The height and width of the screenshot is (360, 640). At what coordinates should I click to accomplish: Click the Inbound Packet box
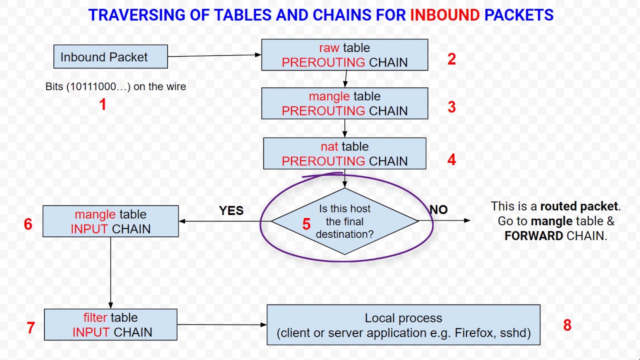coord(110,56)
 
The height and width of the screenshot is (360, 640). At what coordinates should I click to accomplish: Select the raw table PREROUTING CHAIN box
coord(344,55)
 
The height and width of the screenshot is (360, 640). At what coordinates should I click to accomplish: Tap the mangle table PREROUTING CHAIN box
coord(344,103)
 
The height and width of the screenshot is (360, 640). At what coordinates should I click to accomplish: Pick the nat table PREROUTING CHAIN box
coord(344,153)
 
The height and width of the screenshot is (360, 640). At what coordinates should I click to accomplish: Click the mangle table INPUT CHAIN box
coord(110,221)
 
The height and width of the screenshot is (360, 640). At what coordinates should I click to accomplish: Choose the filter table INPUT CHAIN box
coord(110,324)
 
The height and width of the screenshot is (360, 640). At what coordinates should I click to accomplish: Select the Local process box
coord(403,325)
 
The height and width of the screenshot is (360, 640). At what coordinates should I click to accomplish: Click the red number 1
coord(102,104)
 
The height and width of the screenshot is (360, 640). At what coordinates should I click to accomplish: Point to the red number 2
coord(451,59)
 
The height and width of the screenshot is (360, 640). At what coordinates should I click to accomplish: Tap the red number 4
coord(451,159)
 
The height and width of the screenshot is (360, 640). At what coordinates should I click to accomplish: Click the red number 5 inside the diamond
coord(306,224)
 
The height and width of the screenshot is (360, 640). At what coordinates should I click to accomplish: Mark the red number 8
coord(567,325)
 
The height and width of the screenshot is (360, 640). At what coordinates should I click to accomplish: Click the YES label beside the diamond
coord(231,210)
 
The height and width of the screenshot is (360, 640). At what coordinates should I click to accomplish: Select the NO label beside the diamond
coord(438,209)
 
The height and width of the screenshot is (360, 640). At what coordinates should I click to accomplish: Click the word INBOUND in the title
coord(444,15)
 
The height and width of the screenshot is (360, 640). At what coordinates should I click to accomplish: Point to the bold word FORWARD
coord(533,236)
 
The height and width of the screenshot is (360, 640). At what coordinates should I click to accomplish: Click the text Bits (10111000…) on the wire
coord(115,86)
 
